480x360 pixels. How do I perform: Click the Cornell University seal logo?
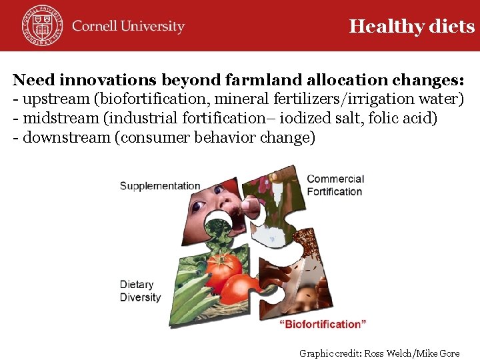tap(41, 25)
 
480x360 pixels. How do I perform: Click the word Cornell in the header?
tap(95, 27)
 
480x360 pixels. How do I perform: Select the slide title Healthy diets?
tap(411, 26)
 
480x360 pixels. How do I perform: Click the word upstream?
tap(50, 100)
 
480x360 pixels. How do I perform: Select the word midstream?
tap(55, 119)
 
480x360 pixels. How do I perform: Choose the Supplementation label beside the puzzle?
tap(160, 186)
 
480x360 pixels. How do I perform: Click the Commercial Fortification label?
tap(335, 185)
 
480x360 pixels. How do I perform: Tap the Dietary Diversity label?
tap(140, 291)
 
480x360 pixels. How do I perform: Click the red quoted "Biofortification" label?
tap(322, 324)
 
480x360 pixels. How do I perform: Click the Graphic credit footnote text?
tap(379, 353)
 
